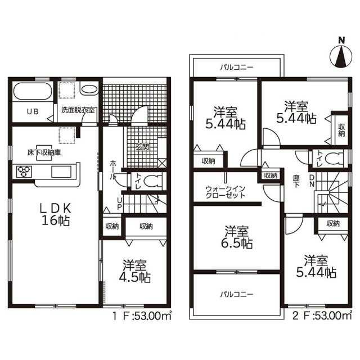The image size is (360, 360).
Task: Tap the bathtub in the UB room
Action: tap(33, 91)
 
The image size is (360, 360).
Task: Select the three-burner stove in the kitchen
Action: tap(24, 172)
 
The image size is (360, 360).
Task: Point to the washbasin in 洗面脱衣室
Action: tap(89, 89)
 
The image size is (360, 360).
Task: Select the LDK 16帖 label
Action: tap(56, 215)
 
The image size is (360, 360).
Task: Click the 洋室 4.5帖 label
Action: tap(135, 271)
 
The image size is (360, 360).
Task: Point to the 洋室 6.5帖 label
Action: tap(237, 237)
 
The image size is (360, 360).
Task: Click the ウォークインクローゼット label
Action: tap(226, 192)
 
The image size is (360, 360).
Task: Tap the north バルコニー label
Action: tap(237, 67)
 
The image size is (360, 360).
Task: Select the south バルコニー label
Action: tap(237, 294)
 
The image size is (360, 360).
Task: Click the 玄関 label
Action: tap(142, 147)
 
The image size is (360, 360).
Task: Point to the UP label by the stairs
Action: tap(119, 204)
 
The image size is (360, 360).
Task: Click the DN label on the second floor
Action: tap(312, 181)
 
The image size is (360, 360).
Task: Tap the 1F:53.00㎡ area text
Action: tap(142, 316)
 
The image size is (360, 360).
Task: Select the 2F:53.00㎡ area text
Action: tap(322, 316)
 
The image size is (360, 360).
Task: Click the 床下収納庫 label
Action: tap(44, 152)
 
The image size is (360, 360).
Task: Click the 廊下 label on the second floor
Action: tap(296, 181)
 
